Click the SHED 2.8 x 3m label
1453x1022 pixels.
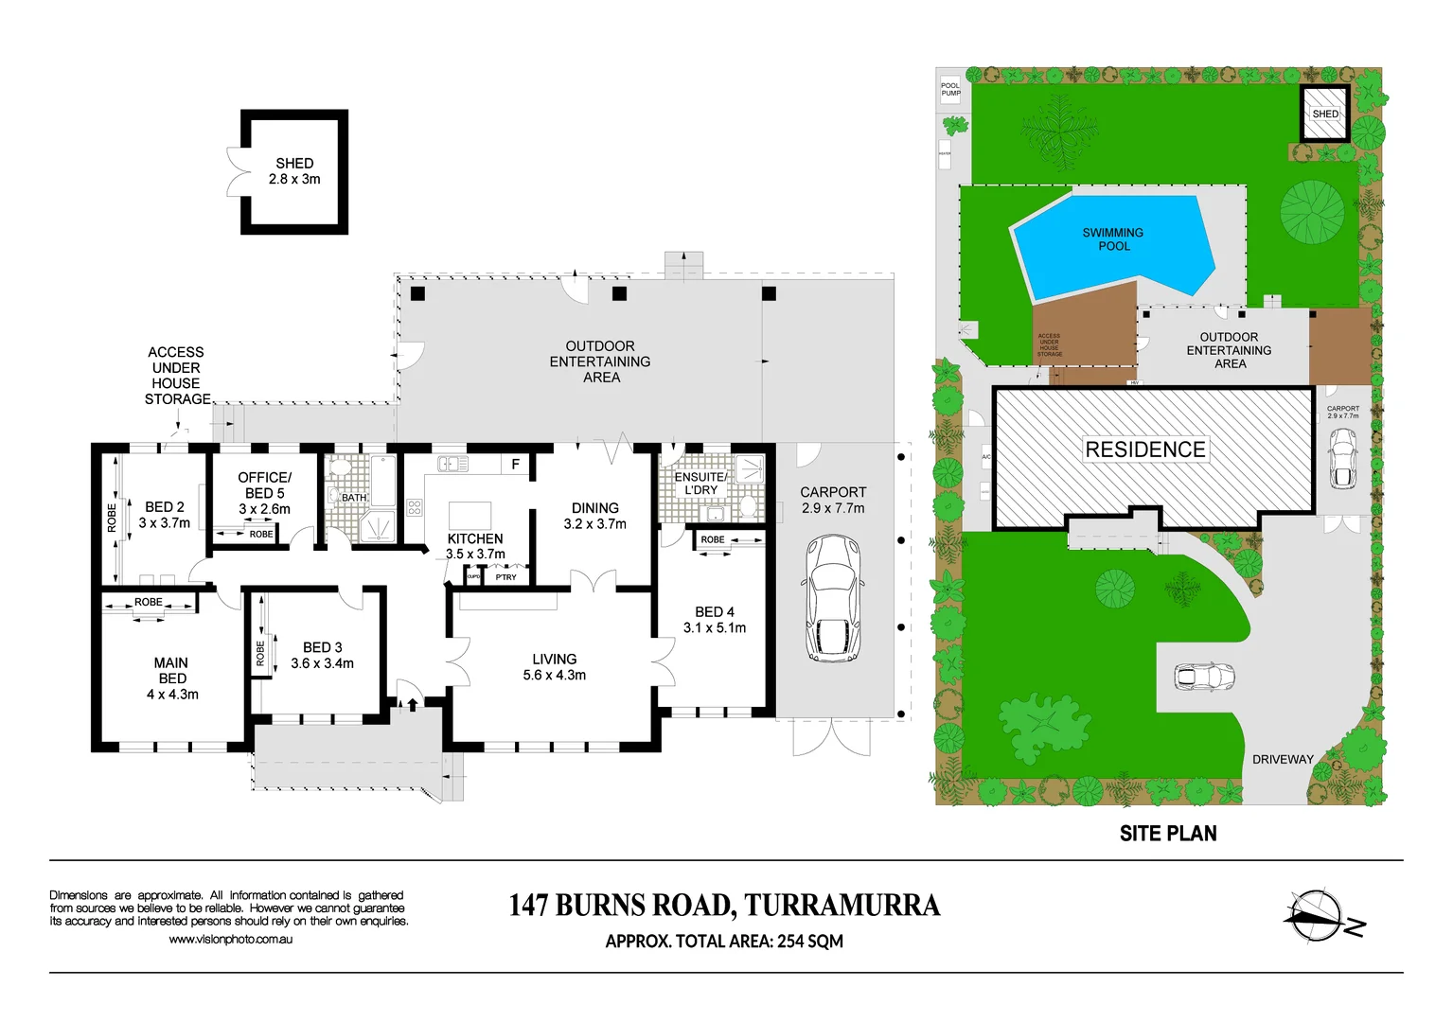tap(294, 171)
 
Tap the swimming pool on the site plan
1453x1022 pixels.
tap(1112, 245)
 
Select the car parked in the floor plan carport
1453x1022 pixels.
tap(833, 598)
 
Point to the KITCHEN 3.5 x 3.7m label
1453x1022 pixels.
tap(475, 546)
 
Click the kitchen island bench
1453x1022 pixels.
tap(470, 516)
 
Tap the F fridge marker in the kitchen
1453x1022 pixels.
tap(515, 465)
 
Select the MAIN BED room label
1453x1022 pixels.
tap(172, 678)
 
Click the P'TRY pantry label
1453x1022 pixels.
tap(506, 577)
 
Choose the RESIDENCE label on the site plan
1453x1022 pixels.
tap(1145, 449)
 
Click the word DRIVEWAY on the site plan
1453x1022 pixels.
tap(1283, 759)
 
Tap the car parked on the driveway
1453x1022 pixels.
tap(1204, 677)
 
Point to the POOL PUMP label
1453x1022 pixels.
tap(950, 89)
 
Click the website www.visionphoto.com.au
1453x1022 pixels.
tap(230, 940)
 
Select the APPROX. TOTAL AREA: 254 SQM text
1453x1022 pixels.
tap(724, 942)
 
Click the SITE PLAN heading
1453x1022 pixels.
tap(1168, 834)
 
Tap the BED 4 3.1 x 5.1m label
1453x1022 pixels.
tap(715, 620)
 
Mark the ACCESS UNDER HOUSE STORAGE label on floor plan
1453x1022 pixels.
tap(177, 376)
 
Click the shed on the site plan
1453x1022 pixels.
tap(1324, 113)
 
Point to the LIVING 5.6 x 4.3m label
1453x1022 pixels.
tap(554, 667)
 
